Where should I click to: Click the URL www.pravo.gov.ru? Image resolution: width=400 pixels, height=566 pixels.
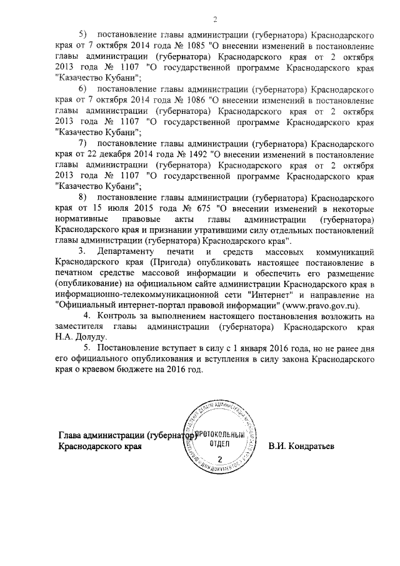pyautogui.click(x=322, y=306)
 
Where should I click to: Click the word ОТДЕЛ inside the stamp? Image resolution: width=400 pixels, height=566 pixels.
pyautogui.click(x=216, y=444)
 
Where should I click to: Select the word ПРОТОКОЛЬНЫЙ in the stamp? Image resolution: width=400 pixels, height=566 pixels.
pyautogui.click(x=217, y=433)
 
